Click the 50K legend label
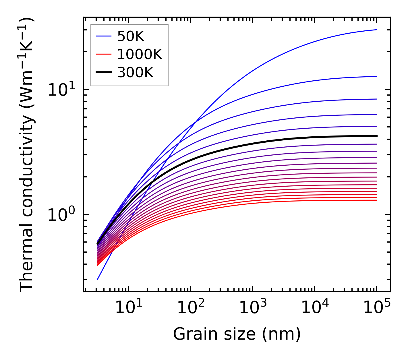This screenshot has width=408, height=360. click(x=131, y=36)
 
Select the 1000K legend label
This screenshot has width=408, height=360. click(x=140, y=54)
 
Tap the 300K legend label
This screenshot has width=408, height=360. click(x=135, y=73)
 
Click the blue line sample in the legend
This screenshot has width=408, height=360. click(x=103, y=36)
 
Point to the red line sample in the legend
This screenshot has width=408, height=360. click(x=103, y=54)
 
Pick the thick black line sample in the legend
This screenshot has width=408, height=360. click(x=103, y=72)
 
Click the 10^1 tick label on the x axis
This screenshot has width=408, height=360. click(x=128, y=307)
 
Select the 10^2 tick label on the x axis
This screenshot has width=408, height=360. click(x=190, y=307)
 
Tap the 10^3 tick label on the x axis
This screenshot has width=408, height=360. click(x=252, y=307)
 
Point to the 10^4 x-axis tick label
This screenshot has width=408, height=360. click(x=314, y=307)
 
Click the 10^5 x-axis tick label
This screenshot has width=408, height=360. click(x=376, y=307)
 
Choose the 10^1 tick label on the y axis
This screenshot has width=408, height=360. click(x=61, y=90)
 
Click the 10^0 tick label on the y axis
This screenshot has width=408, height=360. click(x=61, y=215)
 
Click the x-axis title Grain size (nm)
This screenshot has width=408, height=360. click(x=237, y=334)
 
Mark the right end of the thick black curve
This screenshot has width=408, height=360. click(x=376, y=136)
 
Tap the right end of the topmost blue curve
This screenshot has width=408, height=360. click(x=376, y=30)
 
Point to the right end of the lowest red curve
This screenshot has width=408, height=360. click(x=376, y=200)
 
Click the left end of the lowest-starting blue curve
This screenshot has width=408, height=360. click(x=98, y=279)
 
